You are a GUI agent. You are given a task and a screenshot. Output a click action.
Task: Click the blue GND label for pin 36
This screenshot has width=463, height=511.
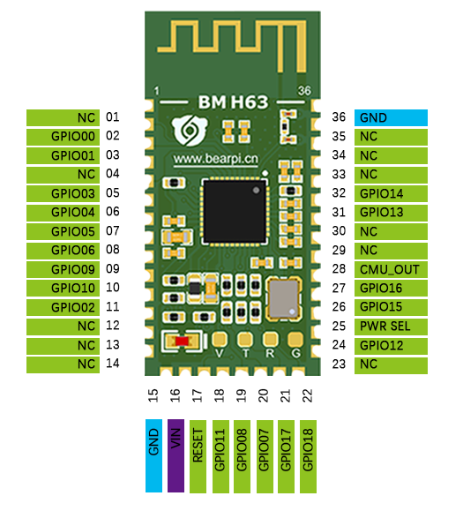(391, 117)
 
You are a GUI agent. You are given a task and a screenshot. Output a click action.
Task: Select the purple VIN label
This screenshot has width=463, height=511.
(175, 455)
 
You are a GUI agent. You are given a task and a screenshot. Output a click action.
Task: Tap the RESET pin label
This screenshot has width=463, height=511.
(198, 456)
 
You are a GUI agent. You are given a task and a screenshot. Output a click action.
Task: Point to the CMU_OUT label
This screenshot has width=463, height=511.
(391, 270)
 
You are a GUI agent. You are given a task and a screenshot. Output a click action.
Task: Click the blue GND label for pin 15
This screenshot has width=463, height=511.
(153, 455)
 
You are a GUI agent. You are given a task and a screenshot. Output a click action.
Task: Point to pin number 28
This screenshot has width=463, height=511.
(339, 269)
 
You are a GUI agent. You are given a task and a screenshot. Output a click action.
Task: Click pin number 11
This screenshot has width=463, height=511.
(113, 306)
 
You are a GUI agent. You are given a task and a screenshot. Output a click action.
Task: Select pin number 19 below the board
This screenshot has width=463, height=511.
(242, 395)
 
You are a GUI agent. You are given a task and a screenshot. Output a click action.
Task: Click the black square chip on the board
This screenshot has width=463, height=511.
(235, 211)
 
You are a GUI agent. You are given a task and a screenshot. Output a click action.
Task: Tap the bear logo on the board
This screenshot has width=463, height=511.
(190, 131)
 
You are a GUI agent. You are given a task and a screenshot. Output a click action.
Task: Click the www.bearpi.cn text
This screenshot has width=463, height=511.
(216, 159)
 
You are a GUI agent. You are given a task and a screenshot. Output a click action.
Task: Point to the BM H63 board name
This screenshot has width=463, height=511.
(233, 102)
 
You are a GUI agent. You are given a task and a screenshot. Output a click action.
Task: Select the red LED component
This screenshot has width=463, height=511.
(182, 342)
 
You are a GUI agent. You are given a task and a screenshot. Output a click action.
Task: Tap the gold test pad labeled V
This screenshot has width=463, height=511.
(220, 339)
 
